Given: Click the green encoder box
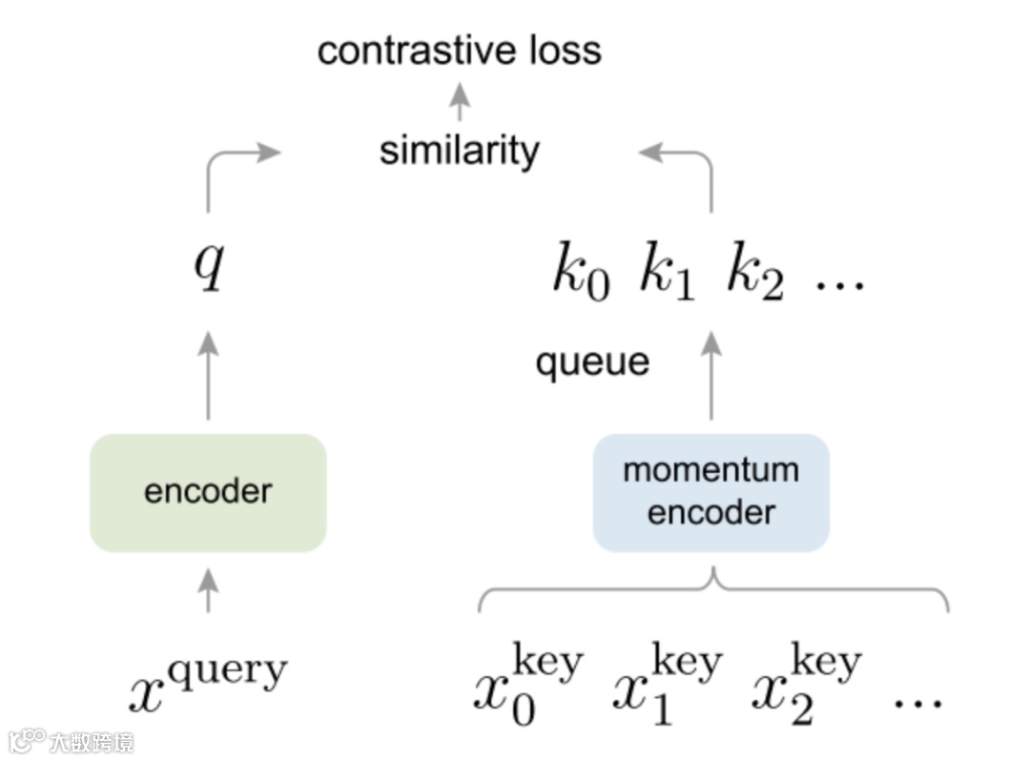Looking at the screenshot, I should coord(208,492).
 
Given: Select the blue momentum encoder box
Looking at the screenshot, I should coord(711,492).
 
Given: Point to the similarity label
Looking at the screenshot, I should coord(459,151).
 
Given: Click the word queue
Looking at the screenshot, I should coord(592,363).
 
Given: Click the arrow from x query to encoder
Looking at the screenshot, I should coord(208,589).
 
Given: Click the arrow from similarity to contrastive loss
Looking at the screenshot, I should coord(460,101).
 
